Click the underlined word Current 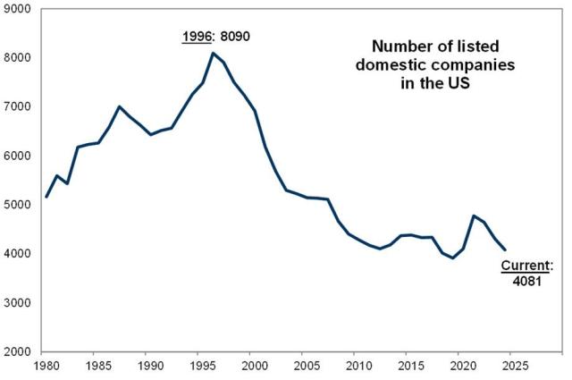[523, 266]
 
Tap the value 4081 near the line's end [526, 280]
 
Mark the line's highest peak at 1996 [213, 53]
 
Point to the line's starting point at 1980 [46, 197]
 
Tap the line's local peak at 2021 [472, 215]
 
